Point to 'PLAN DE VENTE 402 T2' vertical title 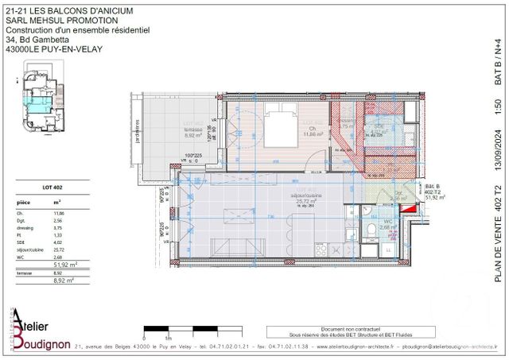(498, 230)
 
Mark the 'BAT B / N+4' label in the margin (498, 56)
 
